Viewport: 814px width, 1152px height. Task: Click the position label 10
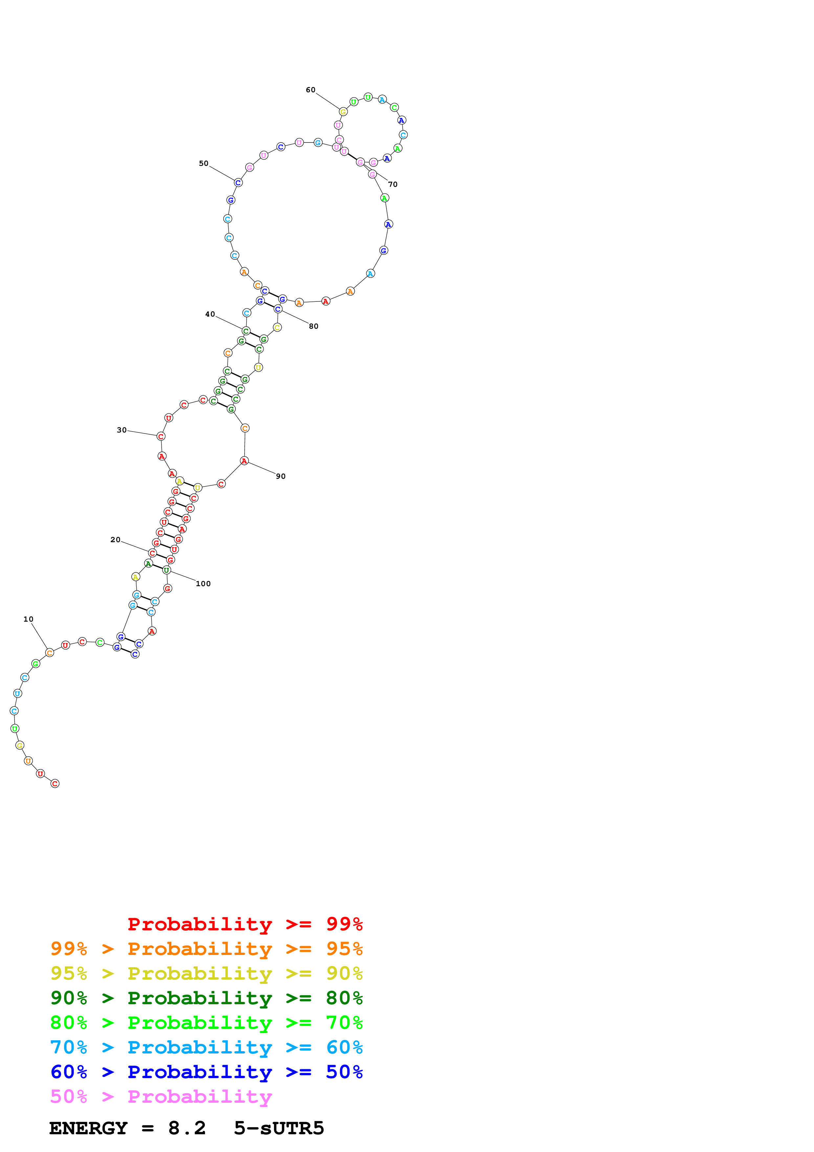click(28, 619)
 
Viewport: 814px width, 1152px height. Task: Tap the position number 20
click(115, 540)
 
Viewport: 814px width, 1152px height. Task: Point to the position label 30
click(122, 430)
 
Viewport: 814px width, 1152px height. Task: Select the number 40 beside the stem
click(210, 314)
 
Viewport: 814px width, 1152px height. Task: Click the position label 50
click(204, 164)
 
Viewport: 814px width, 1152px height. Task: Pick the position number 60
click(311, 90)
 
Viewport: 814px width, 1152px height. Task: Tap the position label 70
click(393, 185)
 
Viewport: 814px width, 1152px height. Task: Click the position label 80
click(314, 326)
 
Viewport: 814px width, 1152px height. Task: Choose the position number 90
click(281, 476)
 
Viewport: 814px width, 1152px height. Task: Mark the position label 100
click(203, 584)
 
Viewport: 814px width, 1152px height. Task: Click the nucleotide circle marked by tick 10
click(49, 652)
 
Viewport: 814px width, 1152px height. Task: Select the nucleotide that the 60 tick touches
click(343, 111)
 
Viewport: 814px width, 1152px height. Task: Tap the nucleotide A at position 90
click(244, 461)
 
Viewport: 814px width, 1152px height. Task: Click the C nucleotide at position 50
click(238, 182)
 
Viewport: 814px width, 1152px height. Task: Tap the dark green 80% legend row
click(207, 998)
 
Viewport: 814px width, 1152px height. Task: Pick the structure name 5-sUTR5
click(279, 1128)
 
